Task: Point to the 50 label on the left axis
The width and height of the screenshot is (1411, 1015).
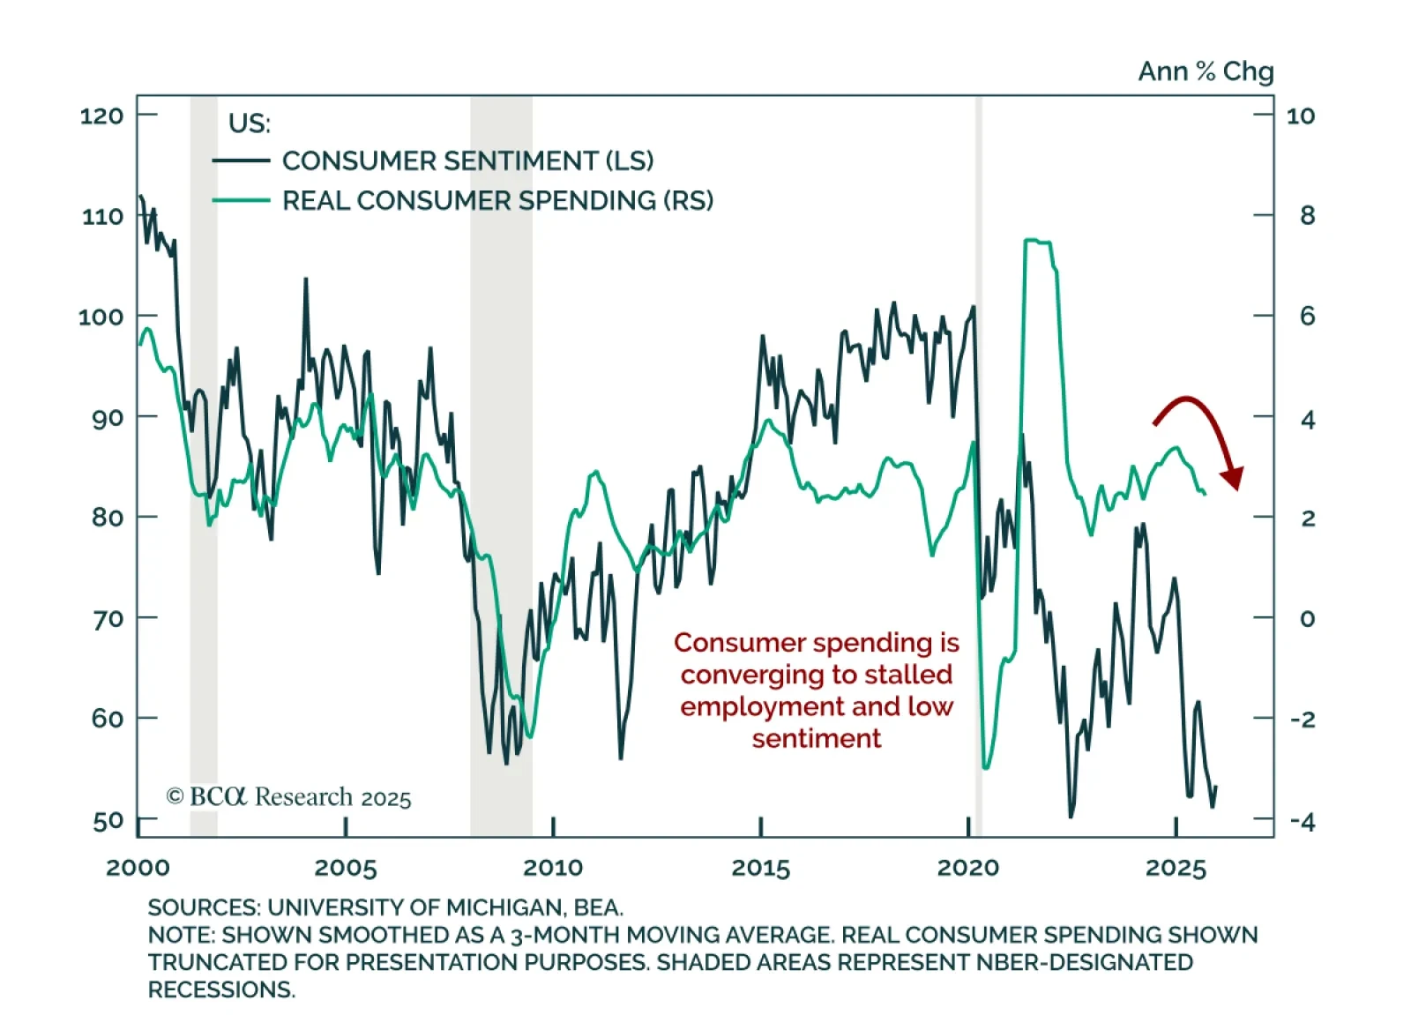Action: [x=108, y=820]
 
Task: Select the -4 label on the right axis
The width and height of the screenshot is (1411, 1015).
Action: [x=1302, y=822]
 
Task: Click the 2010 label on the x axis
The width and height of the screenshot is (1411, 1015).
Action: [x=553, y=868]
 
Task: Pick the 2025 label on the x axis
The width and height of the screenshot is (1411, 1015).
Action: [x=1176, y=869]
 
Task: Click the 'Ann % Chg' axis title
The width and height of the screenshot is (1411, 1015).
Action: [x=1206, y=71]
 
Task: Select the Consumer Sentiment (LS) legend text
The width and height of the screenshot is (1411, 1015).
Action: [x=467, y=160]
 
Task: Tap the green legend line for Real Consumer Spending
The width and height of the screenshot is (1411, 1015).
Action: [x=241, y=200]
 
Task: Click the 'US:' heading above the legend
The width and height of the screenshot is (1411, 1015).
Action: [x=250, y=123]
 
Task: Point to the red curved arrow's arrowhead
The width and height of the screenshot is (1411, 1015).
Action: [x=1233, y=478]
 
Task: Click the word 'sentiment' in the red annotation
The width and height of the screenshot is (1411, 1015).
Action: [x=816, y=738]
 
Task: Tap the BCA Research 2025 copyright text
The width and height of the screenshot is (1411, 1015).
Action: [x=289, y=797]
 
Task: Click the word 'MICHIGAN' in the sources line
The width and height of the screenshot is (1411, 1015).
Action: [x=504, y=907]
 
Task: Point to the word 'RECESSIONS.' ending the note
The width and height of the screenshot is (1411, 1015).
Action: [x=221, y=989]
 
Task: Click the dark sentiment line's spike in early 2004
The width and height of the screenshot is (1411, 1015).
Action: [x=306, y=280]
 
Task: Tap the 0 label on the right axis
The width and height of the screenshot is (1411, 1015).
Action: [x=1307, y=618]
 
